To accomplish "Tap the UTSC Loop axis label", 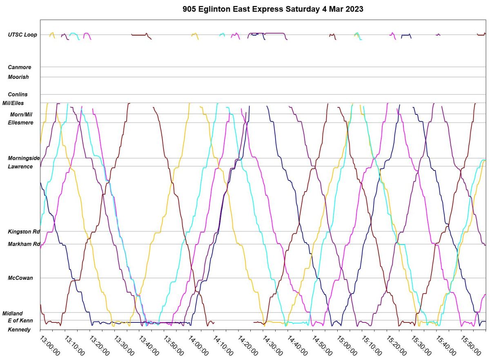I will pos(22,35).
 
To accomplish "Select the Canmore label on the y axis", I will pos(20,67).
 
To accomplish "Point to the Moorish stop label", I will pos(18,77).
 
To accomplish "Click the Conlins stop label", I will pos(18,94).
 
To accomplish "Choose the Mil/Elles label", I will pos(13,103).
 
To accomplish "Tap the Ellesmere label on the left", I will pos(20,122).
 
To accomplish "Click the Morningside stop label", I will pos(24,158).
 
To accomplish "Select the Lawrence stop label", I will pos(20,166).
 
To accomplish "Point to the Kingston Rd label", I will pos(24,232).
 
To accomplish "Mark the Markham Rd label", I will pos(24,244).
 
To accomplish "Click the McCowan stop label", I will pos(20,278).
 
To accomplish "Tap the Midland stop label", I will pos(13,313).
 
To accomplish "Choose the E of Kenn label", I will pos(20,320).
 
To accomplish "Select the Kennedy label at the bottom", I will pos(19,329).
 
